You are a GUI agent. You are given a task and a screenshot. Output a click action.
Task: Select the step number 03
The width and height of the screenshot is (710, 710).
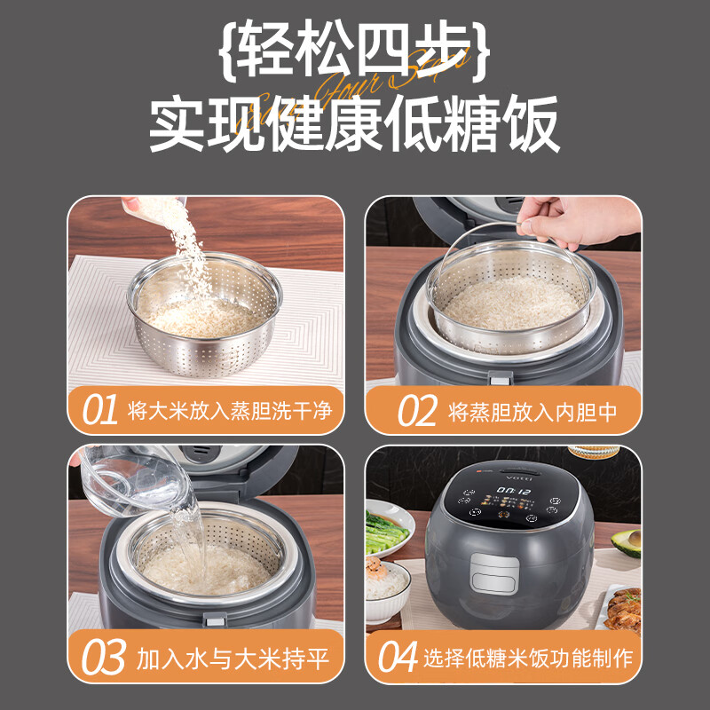pos(103,659)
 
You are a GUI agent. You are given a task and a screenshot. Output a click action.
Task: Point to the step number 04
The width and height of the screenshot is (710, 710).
pos(398,659)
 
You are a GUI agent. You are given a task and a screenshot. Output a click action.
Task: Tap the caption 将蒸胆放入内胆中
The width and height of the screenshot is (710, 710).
pos(532,411)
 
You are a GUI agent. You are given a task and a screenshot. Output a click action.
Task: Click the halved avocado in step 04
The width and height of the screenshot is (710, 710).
pos(627,541)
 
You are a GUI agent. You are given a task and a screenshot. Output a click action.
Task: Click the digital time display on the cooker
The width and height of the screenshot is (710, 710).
pos(512,489)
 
